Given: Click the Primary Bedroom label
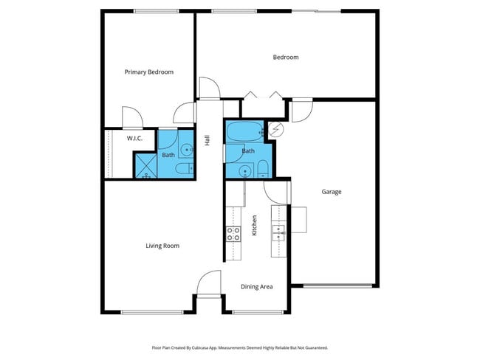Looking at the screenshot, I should click(x=148, y=72).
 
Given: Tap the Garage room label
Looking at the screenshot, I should click(x=331, y=192).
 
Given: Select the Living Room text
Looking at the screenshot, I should click(x=162, y=246).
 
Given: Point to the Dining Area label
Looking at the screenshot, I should click(x=257, y=286).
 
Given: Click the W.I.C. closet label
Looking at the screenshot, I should click(x=134, y=138).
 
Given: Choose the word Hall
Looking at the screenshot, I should click(x=208, y=139).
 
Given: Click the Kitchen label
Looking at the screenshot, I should click(x=255, y=224).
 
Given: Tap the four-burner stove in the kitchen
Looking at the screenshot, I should click(x=233, y=234).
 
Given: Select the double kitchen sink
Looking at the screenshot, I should click(x=278, y=233).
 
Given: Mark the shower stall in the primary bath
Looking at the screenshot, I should click(x=145, y=166).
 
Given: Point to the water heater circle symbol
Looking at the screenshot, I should click(x=278, y=130).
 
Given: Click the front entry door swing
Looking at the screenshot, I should click(x=210, y=284).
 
